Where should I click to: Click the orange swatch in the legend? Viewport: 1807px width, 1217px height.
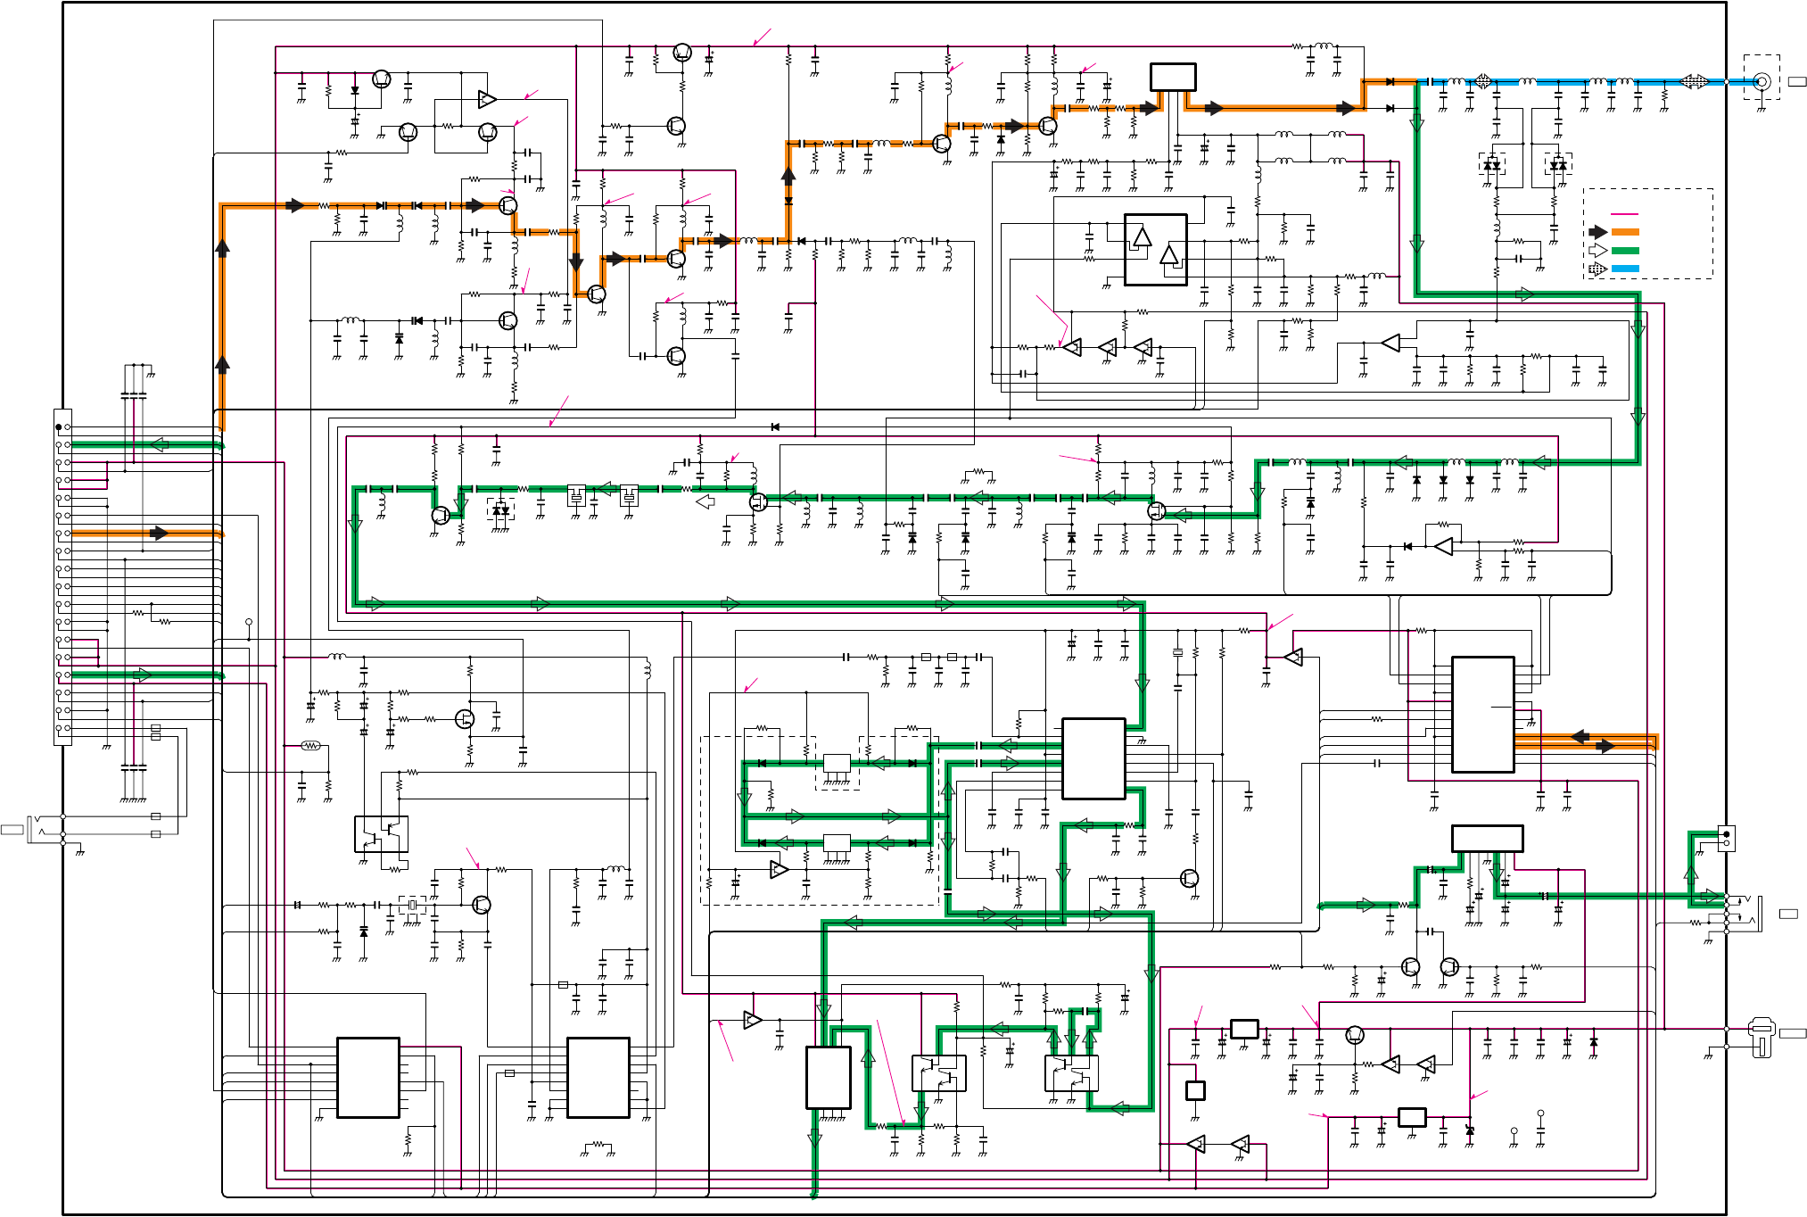click(x=1625, y=232)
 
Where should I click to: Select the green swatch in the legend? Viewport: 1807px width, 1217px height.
click(x=1625, y=251)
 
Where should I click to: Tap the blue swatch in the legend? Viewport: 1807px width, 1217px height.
click(x=1625, y=269)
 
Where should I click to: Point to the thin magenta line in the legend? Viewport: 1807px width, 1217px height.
click(x=1625, y=215)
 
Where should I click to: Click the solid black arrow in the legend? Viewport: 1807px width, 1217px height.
click(x=1598, y=232)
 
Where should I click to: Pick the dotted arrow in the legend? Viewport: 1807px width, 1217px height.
click(x=1598, y=269)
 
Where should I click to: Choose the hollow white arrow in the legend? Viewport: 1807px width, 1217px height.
click(x=1598, y=251)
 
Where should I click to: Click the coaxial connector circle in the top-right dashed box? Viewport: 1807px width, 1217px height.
click(x=1762, y=81)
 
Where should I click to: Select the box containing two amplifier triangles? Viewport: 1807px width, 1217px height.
click(x=1155, y=250)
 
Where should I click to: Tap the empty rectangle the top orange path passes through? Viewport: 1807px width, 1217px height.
click(x=1173, y=77)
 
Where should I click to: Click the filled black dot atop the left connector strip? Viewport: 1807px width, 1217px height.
click(x=59, y=427)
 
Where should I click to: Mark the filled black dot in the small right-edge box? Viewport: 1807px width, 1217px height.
click(x=1726, y=833)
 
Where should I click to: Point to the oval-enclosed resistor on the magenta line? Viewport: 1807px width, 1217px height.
click(x=310, y=745)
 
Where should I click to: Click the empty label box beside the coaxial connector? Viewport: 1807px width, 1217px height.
click(x=1797, y=81)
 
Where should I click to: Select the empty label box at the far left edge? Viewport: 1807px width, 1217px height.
click(x=12, y=830)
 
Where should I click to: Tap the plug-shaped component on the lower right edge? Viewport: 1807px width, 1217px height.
click(x=1761, y=1038)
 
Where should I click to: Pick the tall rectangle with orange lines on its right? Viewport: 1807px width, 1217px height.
click(x=1482, y=715)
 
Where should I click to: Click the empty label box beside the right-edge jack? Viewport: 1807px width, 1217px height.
click(x=1788, y=914)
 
